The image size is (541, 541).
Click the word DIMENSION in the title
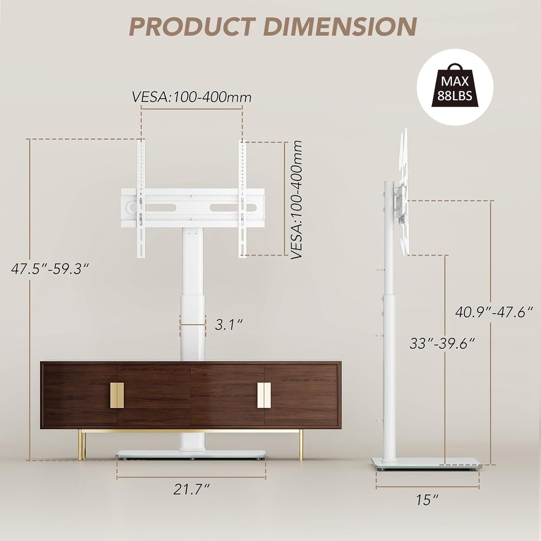click(x=340, y=27)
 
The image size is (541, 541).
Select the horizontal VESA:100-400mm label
click(x=191, y=97)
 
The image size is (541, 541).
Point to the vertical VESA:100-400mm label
click(x=297, y=200)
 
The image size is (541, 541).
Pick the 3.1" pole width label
click(x=229, y=324)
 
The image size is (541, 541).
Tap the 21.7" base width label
click(x=191, y=489)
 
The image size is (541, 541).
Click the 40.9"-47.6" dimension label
click(x=493, y=312)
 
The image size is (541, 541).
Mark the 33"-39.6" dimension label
click(x=442, y=343)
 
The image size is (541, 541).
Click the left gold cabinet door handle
click(x=117, y=395)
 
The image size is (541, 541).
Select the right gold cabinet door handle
click(x=264, y=395)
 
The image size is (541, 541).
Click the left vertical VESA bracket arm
click(x=142, y=198)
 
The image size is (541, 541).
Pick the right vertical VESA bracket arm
click(x=243, y=198)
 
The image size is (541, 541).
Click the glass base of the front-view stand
click(x=191, y=455)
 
